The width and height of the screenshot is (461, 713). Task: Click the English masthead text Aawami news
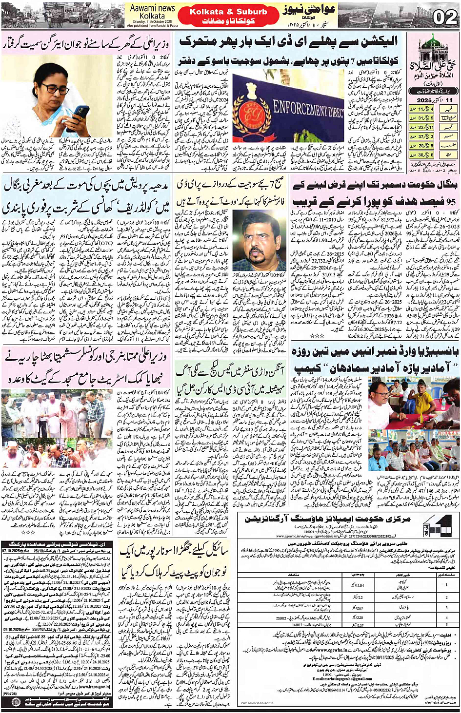coord(152,8)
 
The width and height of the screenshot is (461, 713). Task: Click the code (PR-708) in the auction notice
coord(9,693)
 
